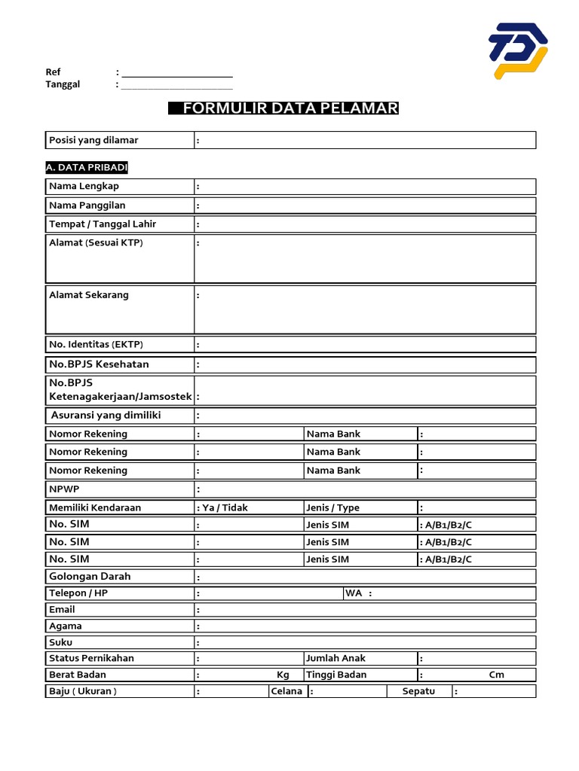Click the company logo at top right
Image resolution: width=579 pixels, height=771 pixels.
517,50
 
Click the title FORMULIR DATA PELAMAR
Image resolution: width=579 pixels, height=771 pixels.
283,108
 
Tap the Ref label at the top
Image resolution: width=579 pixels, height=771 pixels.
53,72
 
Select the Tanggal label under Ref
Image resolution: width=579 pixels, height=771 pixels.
63,84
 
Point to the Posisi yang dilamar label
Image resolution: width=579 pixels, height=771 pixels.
93,140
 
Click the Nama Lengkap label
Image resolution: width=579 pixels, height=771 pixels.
84,186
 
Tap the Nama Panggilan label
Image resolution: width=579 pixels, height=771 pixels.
87,205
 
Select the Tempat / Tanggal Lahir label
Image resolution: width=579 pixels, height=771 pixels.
103,224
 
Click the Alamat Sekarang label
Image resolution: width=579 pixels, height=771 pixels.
88,294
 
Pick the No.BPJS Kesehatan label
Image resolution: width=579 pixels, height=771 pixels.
99,364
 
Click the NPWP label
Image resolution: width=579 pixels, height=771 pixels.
63,489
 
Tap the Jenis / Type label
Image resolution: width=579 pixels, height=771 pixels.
332,507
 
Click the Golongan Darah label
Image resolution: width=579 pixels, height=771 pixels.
90,576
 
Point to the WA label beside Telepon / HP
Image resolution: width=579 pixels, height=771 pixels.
353,593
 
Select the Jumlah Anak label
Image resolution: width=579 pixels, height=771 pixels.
335,658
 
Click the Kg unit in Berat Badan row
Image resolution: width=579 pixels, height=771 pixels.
283,675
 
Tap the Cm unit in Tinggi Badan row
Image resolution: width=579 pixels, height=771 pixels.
496,675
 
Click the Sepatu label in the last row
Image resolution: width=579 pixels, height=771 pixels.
418,691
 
